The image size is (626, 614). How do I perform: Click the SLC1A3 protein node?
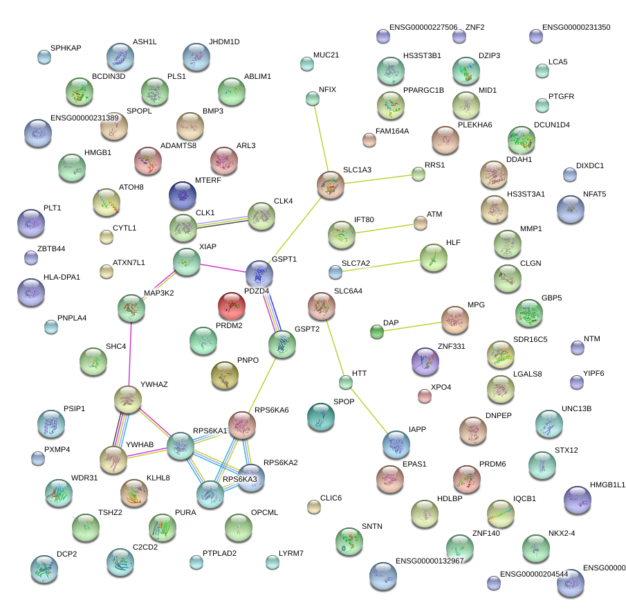point(331,185)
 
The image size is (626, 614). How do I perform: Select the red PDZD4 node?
point(232,306)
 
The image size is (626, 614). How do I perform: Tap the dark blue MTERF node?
point(183,196)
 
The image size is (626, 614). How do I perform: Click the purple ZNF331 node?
point(425,361)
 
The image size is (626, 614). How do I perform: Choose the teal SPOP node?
point(320,417)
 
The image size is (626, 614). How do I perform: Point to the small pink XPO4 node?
point(425,396)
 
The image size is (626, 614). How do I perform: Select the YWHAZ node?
point(128,398)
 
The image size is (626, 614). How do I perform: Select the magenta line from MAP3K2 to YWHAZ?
point(129,353)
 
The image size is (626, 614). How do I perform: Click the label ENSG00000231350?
point(576,28)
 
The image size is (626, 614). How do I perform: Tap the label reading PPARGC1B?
point(423,90)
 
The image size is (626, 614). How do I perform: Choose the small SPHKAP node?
point(44,57)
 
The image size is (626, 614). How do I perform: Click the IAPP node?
point(396,443)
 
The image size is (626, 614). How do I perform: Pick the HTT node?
point(346,381)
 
